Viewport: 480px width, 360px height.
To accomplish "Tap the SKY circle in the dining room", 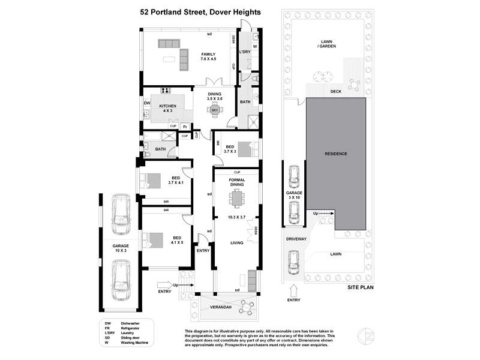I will (x=215, y=110).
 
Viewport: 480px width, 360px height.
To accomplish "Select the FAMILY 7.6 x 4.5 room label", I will (x=208, y=56).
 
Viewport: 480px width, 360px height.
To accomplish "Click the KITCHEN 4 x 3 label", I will (x=167, y=108).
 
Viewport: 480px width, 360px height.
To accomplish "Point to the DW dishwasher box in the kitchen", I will (x=146, y=103).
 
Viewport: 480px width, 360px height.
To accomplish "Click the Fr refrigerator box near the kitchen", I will (x=185, y=127).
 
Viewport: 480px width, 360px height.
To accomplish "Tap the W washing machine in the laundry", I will (x=254, y=46).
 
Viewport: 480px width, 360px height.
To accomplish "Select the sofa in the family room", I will (x=170, y=43).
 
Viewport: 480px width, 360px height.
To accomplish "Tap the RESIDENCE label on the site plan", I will (x=337, y=154).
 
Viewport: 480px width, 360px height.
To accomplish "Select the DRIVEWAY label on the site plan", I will (x=296, y=239).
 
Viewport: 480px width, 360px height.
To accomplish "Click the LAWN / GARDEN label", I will (x=327, y=44).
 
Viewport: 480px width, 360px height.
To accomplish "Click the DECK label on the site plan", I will (x=336, y=92).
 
